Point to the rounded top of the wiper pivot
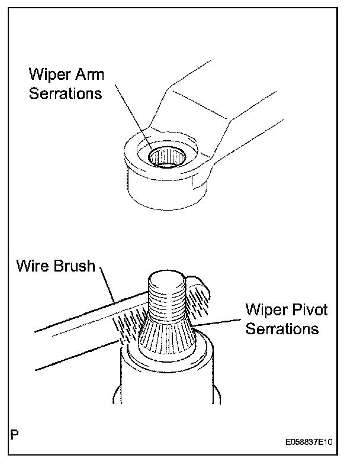[169, 278]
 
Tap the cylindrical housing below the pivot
[166, 385]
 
